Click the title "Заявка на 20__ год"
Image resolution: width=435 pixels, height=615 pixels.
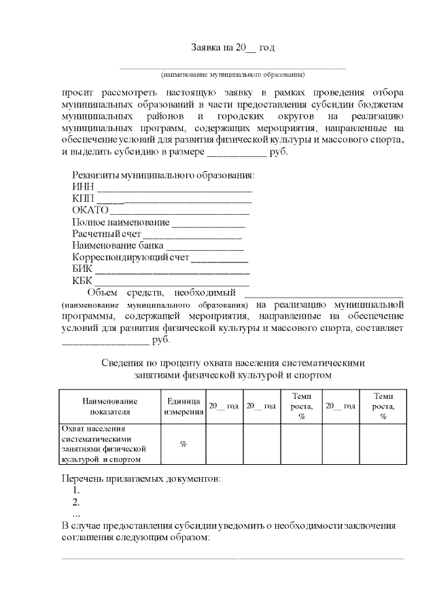coord(232,48)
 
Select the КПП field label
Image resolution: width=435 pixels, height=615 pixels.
coord(83,198)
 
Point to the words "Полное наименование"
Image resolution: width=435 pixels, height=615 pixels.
coord(120,222)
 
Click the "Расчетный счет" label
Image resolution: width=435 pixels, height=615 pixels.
coord(103,234)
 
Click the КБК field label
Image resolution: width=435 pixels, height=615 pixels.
coord(83,281)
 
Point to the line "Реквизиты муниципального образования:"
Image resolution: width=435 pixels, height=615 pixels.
coord(163,175)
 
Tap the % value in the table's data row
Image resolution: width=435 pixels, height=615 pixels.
coord(184,444)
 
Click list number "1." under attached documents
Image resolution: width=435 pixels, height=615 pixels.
coord(76,490)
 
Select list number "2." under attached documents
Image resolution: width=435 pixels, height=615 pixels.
coord(76,502)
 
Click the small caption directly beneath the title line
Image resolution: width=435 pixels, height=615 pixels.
coord(232,74)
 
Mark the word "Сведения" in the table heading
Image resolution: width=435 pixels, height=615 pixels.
coord(122,362)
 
